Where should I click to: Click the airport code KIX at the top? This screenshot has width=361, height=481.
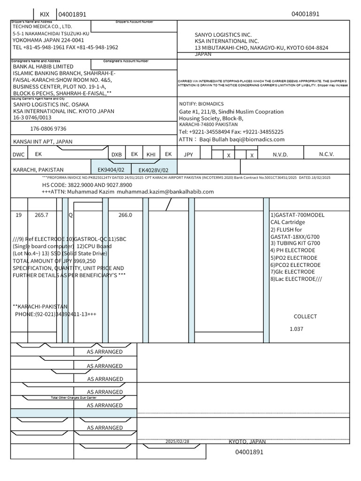pos(44,15)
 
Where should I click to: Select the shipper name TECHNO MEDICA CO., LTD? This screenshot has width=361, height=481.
pos(42,27)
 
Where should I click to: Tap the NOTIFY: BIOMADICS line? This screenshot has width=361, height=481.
pos(201,104)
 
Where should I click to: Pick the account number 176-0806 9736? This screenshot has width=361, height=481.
pos(48,128)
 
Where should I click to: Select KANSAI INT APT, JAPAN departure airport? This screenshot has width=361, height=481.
pos(43,141)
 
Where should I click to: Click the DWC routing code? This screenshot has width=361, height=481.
pos(18,154)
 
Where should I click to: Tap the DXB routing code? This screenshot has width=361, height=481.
pos(116,155)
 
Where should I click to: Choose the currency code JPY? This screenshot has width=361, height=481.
pos(188,154)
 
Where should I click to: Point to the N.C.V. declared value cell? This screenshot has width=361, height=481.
pos(327,154)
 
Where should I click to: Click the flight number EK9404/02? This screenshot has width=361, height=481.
pos(111,169)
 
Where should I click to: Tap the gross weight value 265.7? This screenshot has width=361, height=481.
pos(42,215)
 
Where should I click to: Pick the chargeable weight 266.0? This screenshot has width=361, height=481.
pos(125,215)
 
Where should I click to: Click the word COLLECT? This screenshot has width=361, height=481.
pos(305,317)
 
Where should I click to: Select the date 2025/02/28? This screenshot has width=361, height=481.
pos(177,442)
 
